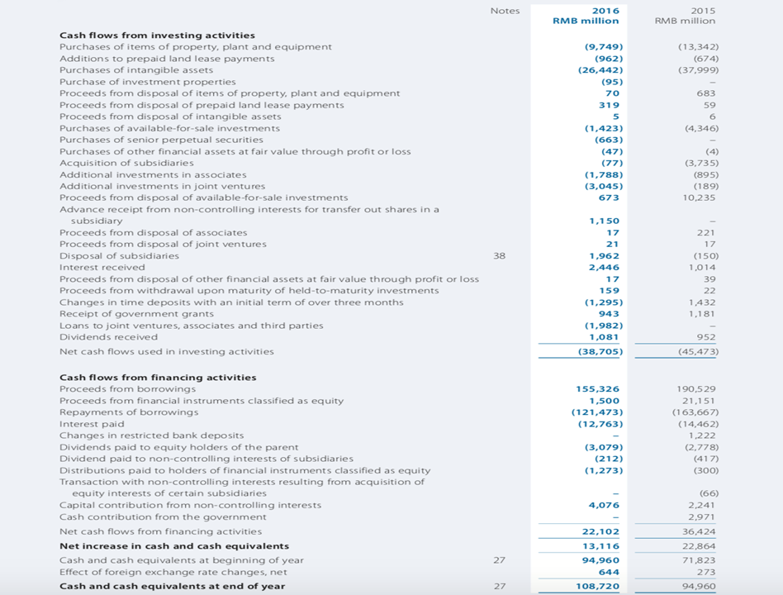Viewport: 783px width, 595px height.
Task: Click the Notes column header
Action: (x=505, y=11)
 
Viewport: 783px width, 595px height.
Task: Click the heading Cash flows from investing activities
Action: (x=157, y=36)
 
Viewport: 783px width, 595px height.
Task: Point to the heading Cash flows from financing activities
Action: (x=158, y=378)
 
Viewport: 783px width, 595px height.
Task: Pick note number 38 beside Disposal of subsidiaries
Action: (x=499, y=256)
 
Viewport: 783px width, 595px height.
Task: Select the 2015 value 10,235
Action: (x=699, y=198)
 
